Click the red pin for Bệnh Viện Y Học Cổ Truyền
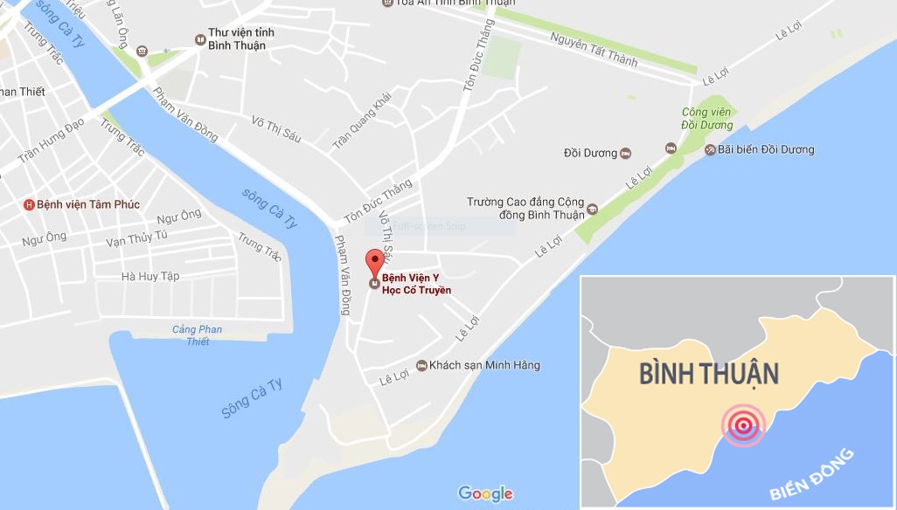coord(374,261)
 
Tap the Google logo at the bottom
coord(485,493)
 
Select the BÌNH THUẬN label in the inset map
coord(708,374)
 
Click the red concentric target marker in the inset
coord(742,425)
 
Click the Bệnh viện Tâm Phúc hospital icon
coord(29,204)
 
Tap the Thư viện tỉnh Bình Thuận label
coord(240,38)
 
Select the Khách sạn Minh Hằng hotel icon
coord(421,365)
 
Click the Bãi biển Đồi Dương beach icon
coord(710,149)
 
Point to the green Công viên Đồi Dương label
coord(707,118)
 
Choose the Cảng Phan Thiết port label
coord(198,335)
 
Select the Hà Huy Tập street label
coord(150,276)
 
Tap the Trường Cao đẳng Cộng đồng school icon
coord(592,209)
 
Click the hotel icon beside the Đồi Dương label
coord(625,153)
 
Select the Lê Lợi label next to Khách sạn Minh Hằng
coord(394,376)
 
